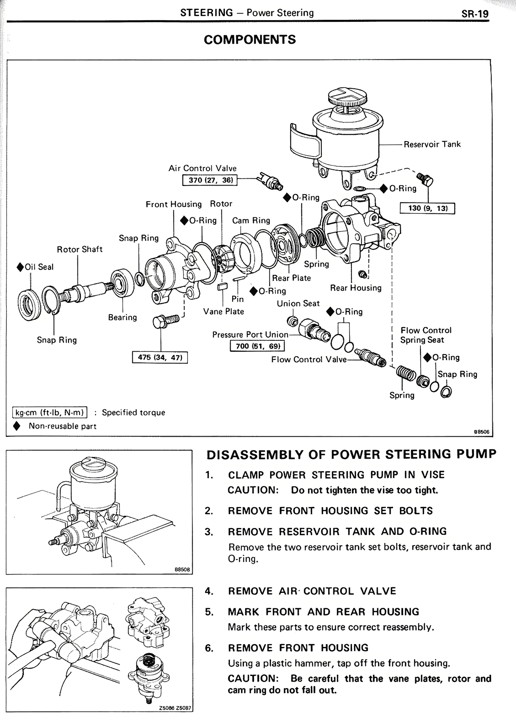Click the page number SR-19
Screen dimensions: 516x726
pos(475,14)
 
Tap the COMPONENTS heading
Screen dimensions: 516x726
pos(250,40)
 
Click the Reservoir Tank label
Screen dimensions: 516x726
pos(432,144)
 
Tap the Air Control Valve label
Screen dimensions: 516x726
pos(202,168)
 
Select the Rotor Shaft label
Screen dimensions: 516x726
pos(80,249)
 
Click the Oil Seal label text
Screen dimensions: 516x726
pos(39,267)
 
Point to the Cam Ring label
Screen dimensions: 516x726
pos(251,221)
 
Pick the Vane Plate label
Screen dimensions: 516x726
pos(223,311)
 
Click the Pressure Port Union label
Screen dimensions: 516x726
pos(250,335)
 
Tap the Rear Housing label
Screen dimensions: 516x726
pos(356,288)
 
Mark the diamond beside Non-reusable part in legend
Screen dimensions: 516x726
pos(17,426)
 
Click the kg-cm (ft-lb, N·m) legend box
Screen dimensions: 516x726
pos(50,413)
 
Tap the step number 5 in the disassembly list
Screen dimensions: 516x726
pos(208,612)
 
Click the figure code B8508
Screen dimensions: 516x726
pos(182,570)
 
